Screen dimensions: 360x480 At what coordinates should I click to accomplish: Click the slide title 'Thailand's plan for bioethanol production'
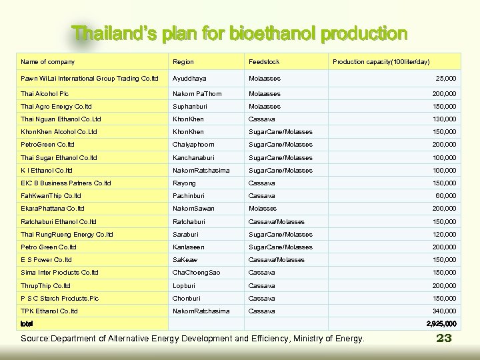tap(239, 33)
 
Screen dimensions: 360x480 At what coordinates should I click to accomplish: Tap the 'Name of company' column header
tap(47, 62)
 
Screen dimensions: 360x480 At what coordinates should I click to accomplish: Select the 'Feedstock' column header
tap(264, 62)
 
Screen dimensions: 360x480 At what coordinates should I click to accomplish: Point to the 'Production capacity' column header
tap(381, 62)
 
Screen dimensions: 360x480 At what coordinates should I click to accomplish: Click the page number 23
tap(444, 338)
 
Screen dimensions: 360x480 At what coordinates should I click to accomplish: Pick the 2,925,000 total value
tap(441, 324)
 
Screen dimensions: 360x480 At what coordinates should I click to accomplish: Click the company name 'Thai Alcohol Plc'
tap(45, 94)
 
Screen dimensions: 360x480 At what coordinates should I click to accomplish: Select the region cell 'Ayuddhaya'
tap(189, 79)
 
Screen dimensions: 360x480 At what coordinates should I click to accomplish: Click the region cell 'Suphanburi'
tap(191, 107)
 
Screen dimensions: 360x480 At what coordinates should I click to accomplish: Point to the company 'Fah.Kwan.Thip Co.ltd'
tap(51, 196)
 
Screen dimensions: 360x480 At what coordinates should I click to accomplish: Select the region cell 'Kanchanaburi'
tap(195, 158)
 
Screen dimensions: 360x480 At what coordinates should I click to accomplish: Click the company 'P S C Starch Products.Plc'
tap(59, 298)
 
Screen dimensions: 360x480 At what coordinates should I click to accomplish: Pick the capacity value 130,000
tap(443, 119)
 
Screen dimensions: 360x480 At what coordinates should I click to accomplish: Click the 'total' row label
tap(27, 324)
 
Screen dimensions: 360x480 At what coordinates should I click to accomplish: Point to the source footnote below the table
tap(193, 339)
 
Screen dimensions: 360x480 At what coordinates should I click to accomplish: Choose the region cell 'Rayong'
tap(184, 183)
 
